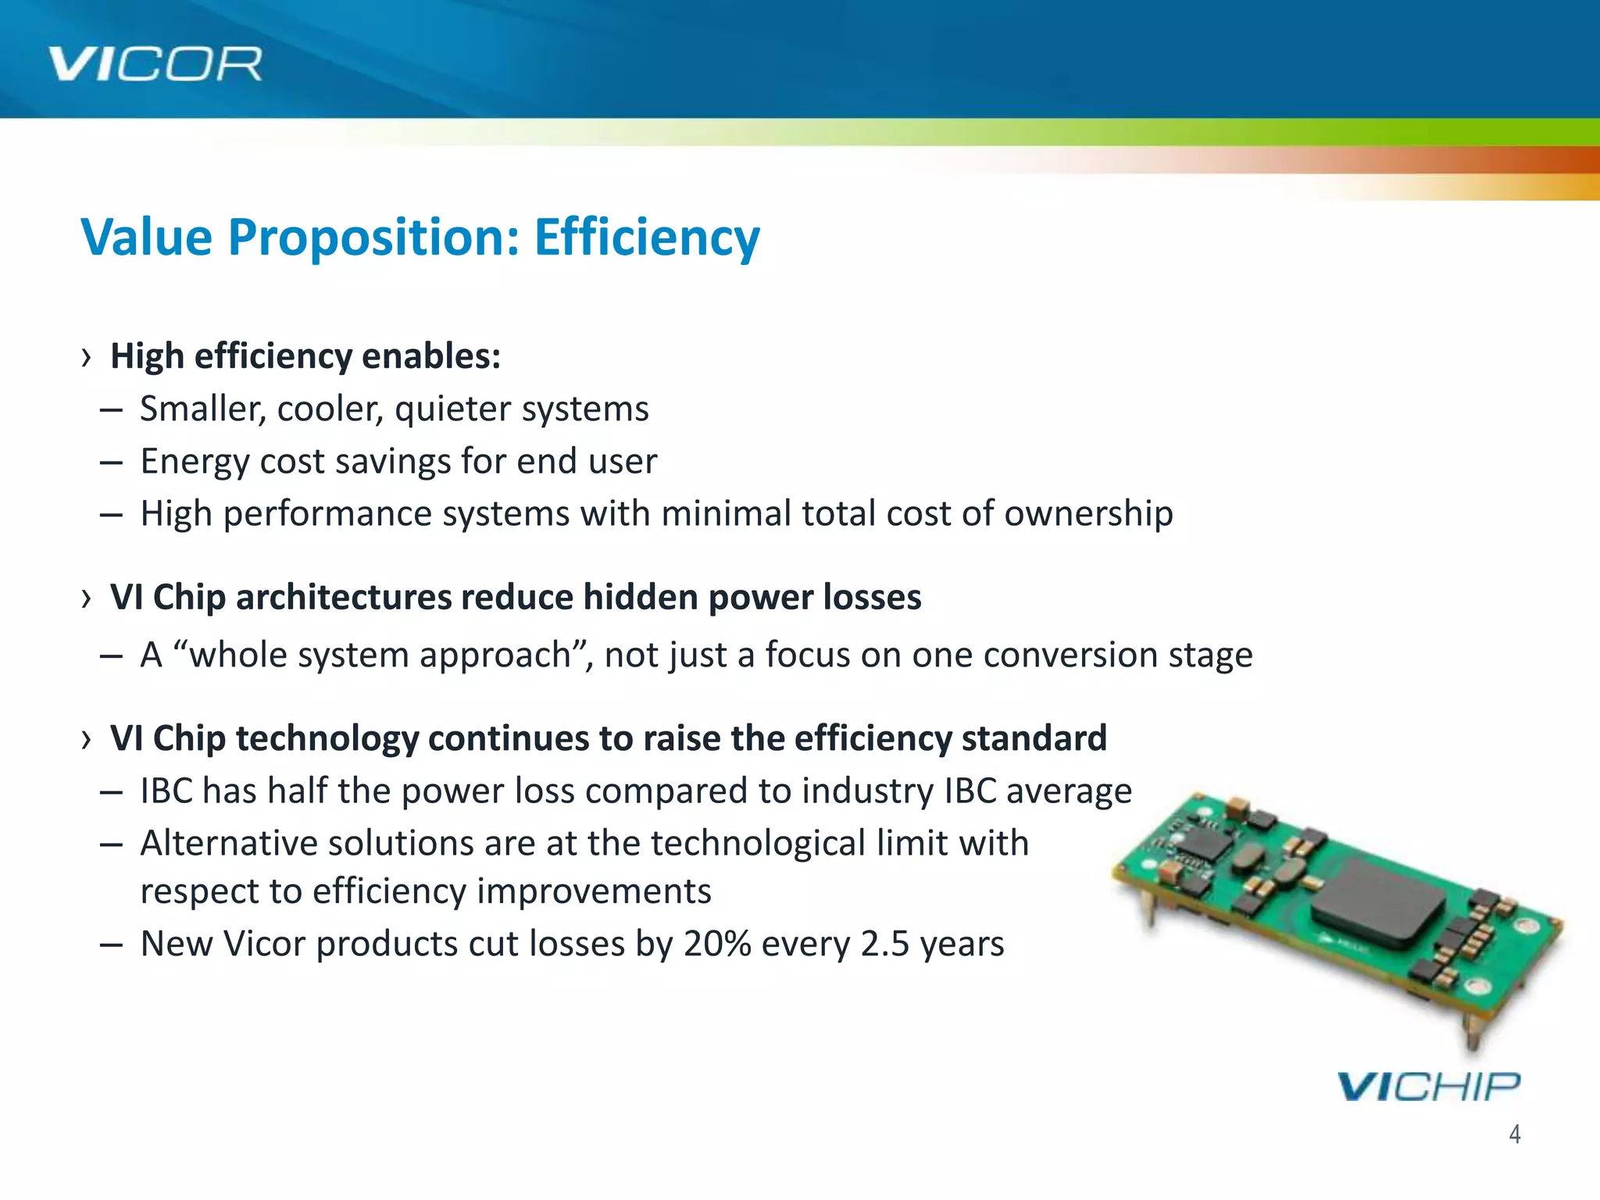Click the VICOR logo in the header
(x=155, y=63)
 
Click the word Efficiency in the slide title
(x=646, y=237)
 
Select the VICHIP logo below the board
(x=1428, y=1087)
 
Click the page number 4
(x=1514, y=1134)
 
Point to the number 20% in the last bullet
(x=716, y=944)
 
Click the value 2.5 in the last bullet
(x=884, y=944)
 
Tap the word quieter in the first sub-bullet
(x=452, y=409)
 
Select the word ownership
(x=1087, y=514)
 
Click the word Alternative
(x=228, y=844)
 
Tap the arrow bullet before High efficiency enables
(x=86, y=358)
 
